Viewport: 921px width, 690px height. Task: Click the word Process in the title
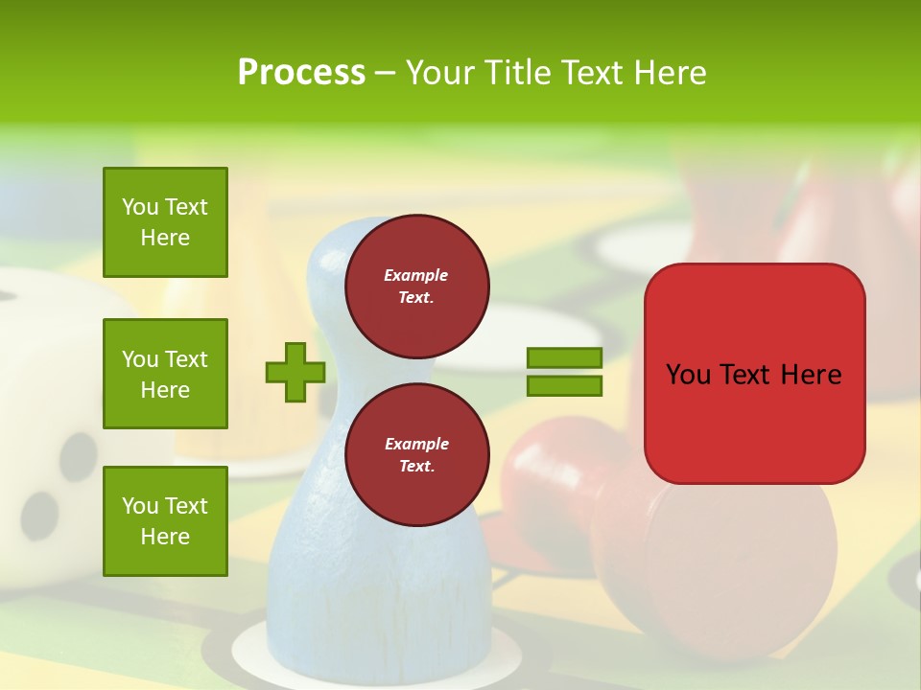click(x=301, y=73)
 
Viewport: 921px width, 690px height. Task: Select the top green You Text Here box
click(x=165, y=222)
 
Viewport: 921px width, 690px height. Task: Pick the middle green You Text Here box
click(x=165, y=374)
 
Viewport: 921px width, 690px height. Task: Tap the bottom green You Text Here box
click(x=165, y=521)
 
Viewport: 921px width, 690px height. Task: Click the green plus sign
click(x=295, y=372)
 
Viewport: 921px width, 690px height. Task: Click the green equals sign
click(x=564, y=372)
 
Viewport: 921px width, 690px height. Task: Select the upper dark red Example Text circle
click(x=416, y=287)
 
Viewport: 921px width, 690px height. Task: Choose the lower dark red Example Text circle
click(x=416, y=455)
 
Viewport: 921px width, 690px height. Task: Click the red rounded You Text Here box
click(x=754, y=374)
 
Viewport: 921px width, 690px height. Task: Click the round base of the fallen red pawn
click(x=739, y=565)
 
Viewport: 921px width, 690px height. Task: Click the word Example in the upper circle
click(x=416, y=275)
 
